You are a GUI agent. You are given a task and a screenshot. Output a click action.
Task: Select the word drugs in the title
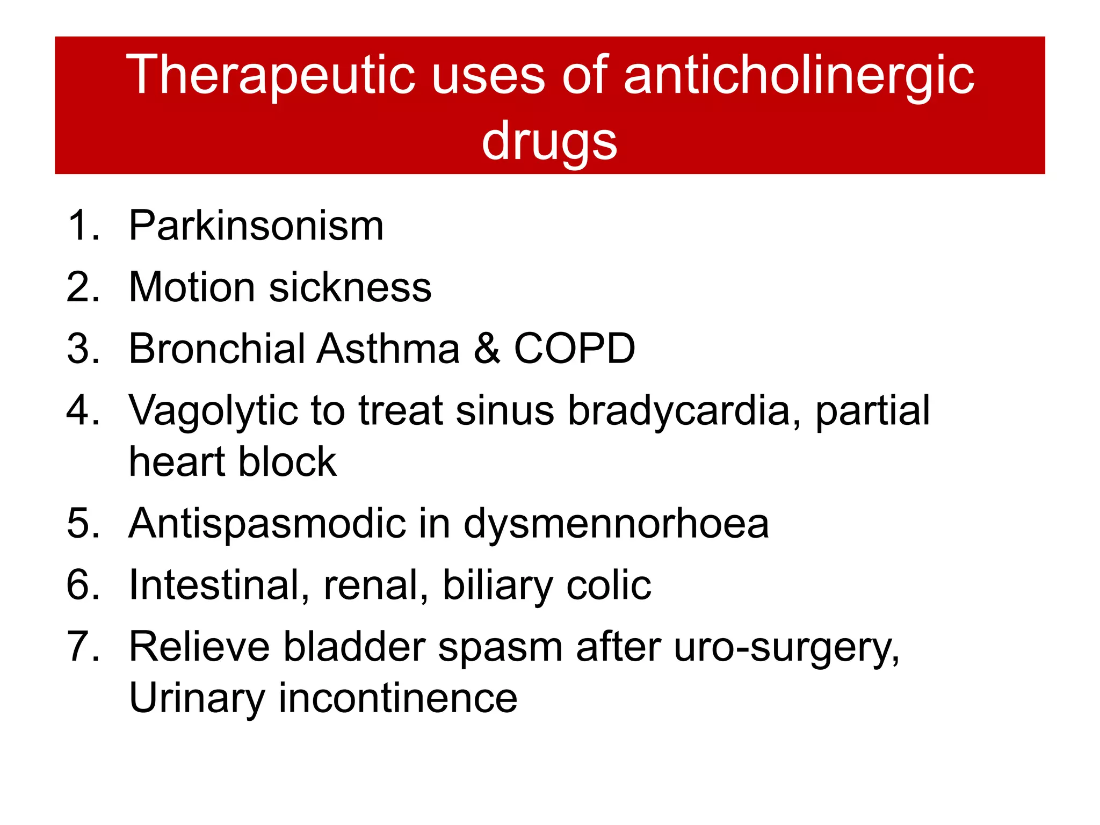coord(549,141)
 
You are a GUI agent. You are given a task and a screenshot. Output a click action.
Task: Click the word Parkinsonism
coord(256,226)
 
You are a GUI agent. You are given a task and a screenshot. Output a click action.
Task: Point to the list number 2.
coord(82,287)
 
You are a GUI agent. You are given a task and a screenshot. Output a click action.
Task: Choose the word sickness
coord(350,287)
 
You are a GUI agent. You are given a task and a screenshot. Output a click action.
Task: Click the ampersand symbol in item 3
coord(487,349)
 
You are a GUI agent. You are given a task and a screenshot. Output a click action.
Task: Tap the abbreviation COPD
coord(575,349)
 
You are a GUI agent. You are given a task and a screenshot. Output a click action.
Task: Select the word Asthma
coord(388,349)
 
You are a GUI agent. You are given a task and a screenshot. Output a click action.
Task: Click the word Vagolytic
coord(213,411)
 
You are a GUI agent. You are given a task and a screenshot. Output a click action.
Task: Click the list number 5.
coord(82,523)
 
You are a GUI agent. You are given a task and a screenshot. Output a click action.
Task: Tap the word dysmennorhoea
coord(616,523)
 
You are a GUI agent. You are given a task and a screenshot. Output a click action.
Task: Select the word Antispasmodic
coord(267,523)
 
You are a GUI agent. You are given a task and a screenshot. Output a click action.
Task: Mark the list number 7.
coord(82,647)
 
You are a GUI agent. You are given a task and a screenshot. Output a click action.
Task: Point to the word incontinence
coord(398,698)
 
